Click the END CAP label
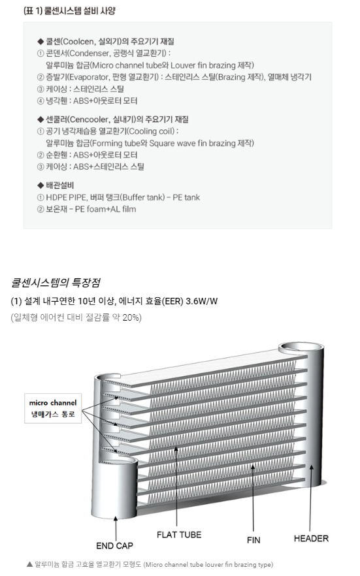[114, 546]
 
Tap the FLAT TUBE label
[179, 535]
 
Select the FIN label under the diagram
[254, 540]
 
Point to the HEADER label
[311, 539]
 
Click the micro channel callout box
[53, 409]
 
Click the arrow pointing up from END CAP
[116, 528]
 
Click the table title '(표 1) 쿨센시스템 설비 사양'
[69, 10]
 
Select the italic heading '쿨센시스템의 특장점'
[56, 283]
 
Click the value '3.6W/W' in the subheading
[202, 301]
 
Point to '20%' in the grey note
[131, 317]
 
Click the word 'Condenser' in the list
[89, 54]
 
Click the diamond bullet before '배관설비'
[41, 185]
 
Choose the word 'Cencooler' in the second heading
[88, 120]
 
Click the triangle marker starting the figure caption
[30, 564]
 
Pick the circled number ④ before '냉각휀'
[41, 101]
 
